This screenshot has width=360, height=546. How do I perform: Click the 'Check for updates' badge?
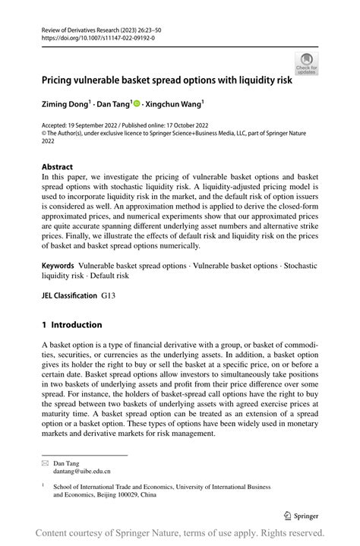[306, 65]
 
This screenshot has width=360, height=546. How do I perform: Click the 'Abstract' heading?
[58, 166]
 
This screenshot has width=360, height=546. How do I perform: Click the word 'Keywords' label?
[58, 267]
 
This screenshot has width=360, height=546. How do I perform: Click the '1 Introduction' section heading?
[72, 325]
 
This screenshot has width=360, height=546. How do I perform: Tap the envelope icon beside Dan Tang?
[45, 462]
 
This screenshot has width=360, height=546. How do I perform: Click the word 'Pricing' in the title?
[58, 78]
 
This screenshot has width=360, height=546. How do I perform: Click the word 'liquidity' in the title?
[263, 78]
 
